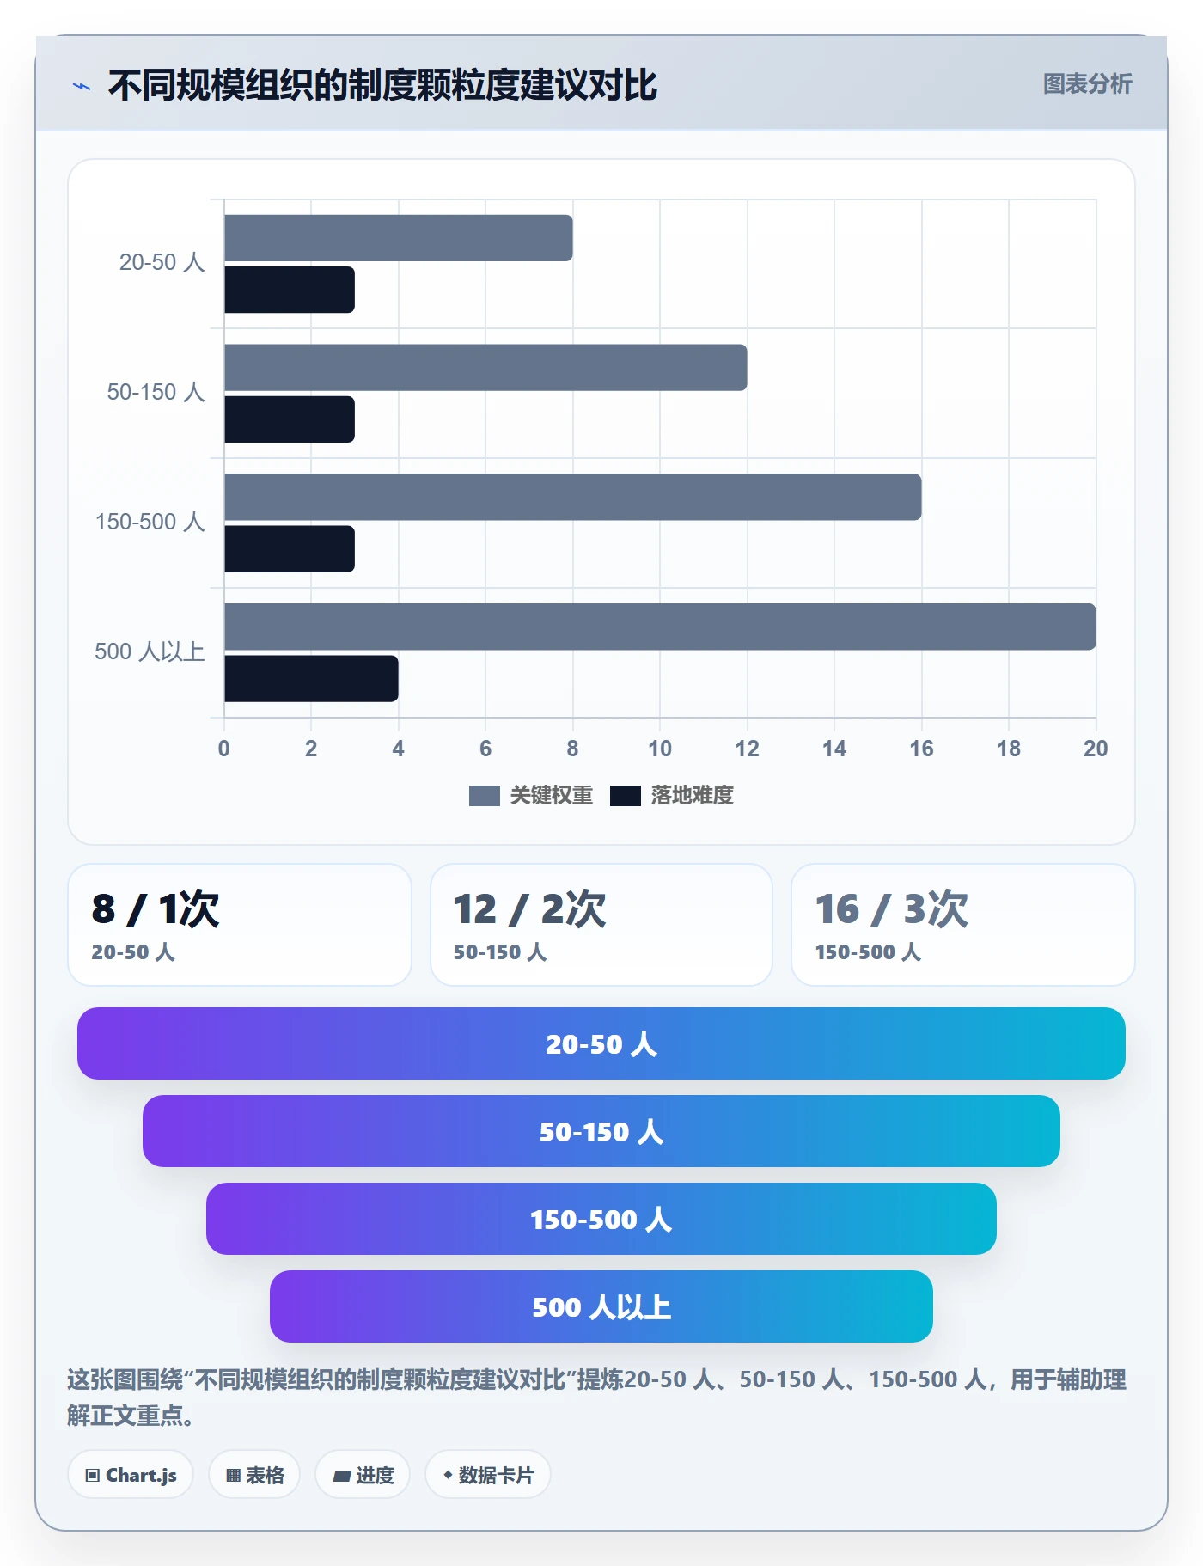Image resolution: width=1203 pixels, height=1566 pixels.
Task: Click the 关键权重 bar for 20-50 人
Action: click(399, 238)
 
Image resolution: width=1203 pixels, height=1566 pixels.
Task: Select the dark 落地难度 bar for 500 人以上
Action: click(311, 679)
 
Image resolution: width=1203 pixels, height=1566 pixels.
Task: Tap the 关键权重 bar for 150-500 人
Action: click(573, 497)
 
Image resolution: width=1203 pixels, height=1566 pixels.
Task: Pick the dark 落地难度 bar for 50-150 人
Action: click(290, 419)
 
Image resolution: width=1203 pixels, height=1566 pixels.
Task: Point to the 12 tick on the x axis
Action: click(747, 749)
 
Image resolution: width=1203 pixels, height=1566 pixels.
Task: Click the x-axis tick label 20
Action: click(1096, 749)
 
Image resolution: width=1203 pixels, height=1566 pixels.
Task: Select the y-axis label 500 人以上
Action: click(150, 651)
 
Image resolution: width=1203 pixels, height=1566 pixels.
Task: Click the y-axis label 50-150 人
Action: click(156, 392)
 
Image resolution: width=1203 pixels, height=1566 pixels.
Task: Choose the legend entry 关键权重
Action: click(531, 796)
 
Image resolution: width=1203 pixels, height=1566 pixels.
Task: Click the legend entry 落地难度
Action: click(672, 796)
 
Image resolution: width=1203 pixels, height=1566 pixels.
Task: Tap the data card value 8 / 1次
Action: click(156, 908)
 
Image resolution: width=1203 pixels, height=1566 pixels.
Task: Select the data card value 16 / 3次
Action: click(892, 908)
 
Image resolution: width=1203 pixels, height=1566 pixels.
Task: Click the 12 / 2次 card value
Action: click(530, 908)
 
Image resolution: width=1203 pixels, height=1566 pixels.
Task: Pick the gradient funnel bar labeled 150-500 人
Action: click(601, 1219)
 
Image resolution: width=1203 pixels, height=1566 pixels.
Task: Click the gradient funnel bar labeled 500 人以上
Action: click(601, 1306)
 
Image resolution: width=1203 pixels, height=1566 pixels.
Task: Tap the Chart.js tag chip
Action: click(131, 1475)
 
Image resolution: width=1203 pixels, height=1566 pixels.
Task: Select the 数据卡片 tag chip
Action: click(488, 1475)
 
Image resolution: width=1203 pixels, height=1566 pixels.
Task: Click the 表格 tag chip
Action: click(254, 1475)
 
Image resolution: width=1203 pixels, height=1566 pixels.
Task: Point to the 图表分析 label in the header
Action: click(1088, 83)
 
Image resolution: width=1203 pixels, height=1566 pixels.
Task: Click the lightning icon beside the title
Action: click(82, 86)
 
